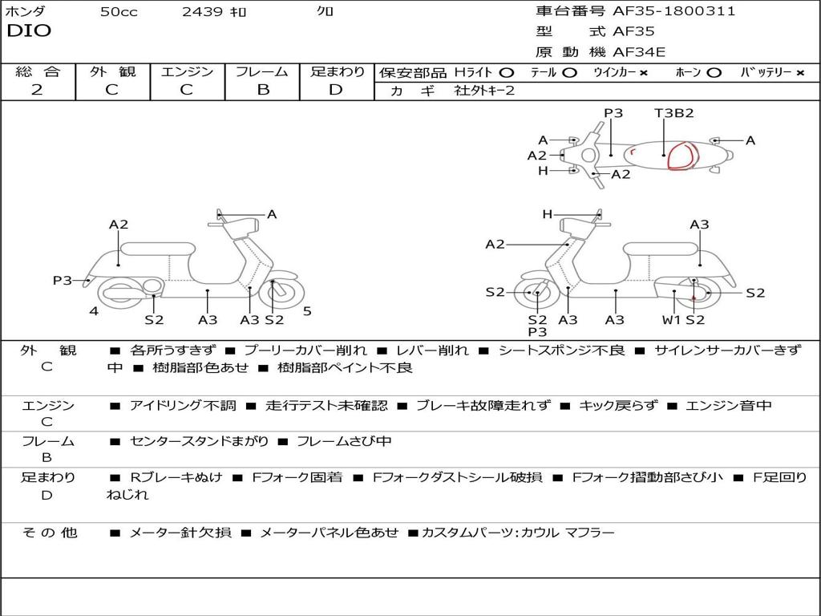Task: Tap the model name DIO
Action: (29, 31)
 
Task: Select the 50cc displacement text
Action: (119, 12)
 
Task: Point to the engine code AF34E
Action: (639, 52)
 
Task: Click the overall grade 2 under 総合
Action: (36, 90)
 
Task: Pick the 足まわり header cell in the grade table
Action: (338, 71)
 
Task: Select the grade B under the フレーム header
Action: (263, 90)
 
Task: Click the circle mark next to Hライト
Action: (507, 72)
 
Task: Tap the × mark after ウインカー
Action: (645, 72)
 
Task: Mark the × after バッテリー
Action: (799, 72)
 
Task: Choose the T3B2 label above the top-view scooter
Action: (673, 113)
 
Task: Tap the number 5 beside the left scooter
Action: (307, 311)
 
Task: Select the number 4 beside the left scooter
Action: (94, 311)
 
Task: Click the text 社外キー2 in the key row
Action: (484, 91)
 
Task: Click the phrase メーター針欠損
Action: (180, 533)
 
